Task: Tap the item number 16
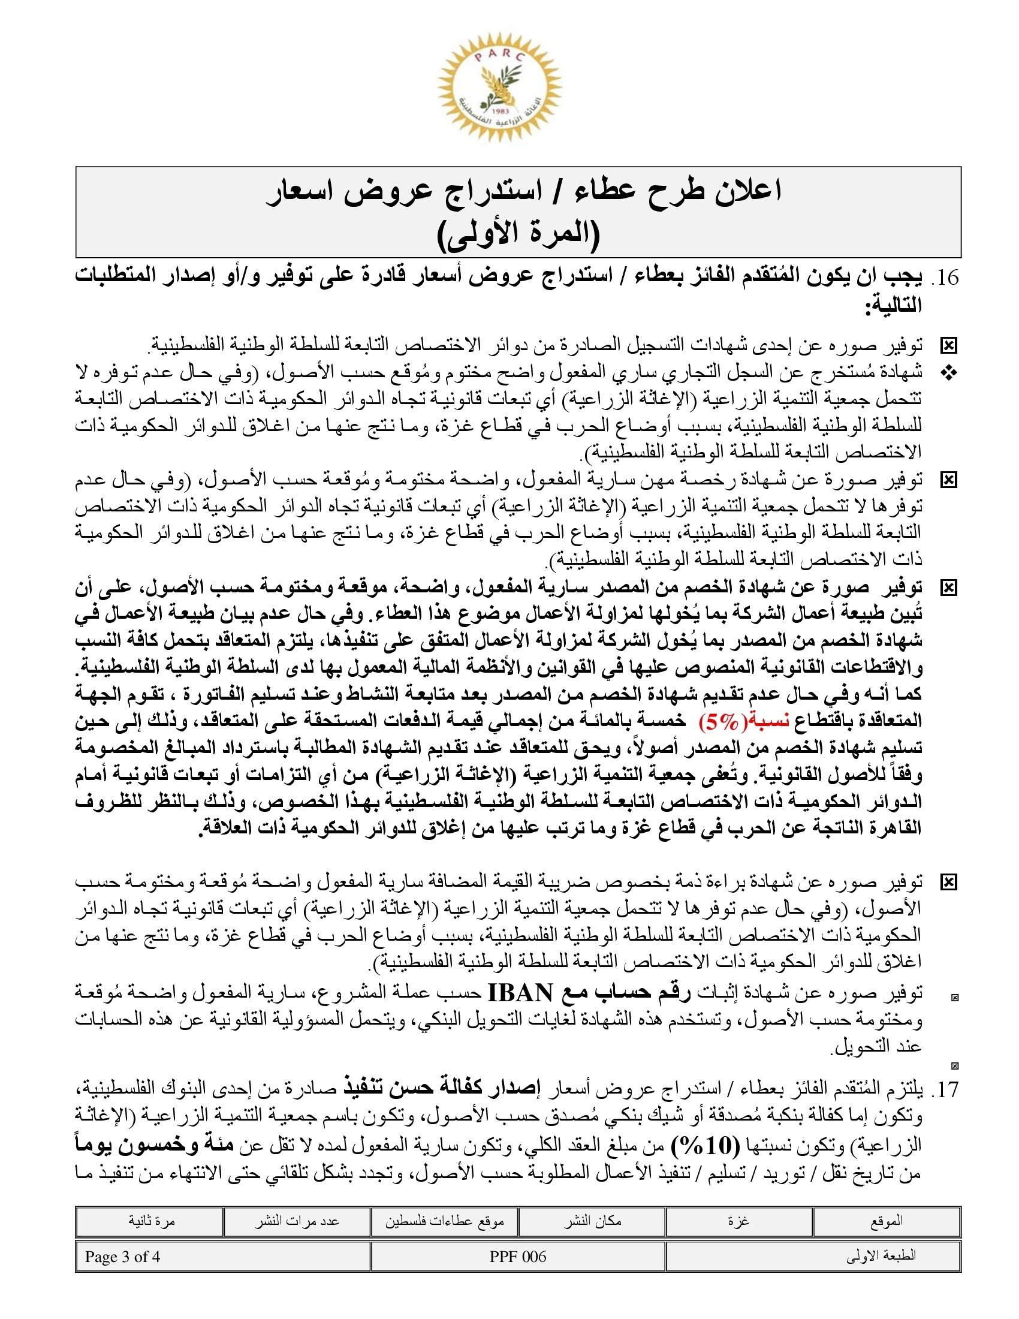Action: (945, 277)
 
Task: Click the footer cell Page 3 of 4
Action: (122, 1257)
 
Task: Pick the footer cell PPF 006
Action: (518, 1257)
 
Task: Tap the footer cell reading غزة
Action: (738, 1221)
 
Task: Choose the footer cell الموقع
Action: (886, 1221)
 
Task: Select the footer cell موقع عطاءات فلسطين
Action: (445, 1221)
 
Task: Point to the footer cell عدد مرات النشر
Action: (296, 1221)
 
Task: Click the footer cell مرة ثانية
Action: (151, 1221)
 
